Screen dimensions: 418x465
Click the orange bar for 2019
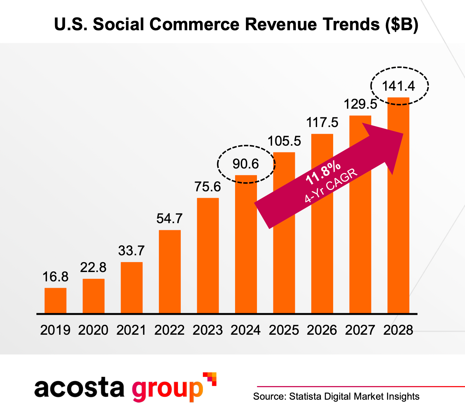(x=55, y=300)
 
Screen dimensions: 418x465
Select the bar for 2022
(x=170, y=271)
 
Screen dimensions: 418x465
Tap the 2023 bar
(x=208, y=255)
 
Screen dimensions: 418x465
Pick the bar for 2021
(x=132, y=287)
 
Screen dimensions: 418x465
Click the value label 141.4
(x=399, y=86)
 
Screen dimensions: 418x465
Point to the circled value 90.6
(x=246, y=164)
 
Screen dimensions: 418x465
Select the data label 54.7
(x=169, y=219)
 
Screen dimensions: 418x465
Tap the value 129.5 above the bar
(x=360, y=104)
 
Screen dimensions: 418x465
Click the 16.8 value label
(x=56, y=277)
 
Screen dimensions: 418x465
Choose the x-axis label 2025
(x=284, y=330)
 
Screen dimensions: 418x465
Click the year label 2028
(x=398, y=330)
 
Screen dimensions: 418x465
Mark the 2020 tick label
(x=93, y=330)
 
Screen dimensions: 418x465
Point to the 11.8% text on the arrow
(x=323, y=174)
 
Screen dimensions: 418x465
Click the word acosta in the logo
(x=79, y=388)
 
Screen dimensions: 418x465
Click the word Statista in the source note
(x=305, y=396)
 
